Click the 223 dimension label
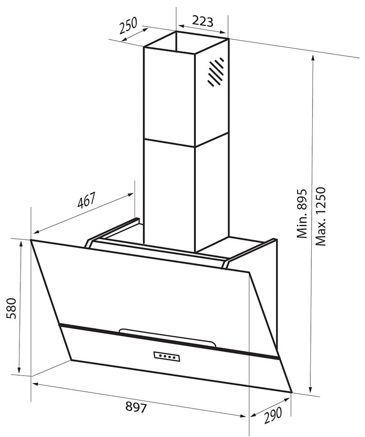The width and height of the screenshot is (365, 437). pos(203,21)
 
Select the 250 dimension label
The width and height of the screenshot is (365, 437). pos(129,25)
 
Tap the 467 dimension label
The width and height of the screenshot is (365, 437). pos(87,200)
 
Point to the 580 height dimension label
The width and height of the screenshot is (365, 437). pos(12,308)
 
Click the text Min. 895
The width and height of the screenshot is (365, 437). pos(301,214)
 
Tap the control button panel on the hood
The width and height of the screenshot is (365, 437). pos(167,356)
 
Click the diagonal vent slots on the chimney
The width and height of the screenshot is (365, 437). pos(216,71)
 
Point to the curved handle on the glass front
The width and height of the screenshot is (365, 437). pos(167,337)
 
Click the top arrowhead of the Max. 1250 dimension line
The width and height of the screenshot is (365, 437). pos(313,59)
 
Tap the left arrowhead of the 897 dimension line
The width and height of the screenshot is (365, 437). pos(35,384)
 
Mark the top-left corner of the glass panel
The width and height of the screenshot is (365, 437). pos(31,240)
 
